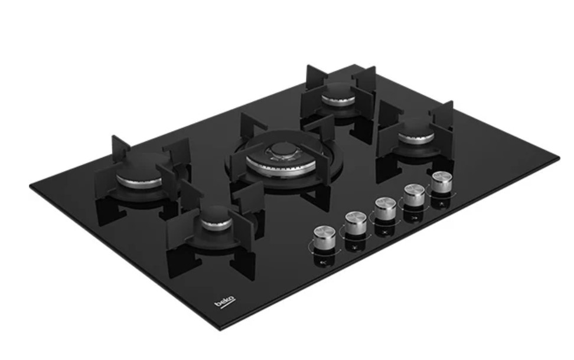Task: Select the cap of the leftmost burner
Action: tap(139, 171)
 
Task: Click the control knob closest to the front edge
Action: tap(324, 237)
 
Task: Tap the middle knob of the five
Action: tap(385, 209)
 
